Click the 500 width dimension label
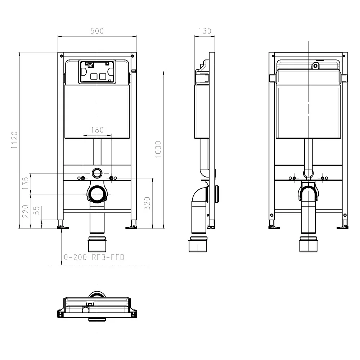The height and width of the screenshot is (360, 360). [x=97, y=31]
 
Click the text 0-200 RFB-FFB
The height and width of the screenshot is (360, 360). [x=94, y=257]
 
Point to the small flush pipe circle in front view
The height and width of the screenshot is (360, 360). [x=97, y=173]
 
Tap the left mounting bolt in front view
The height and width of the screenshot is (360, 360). [x=83, y=178]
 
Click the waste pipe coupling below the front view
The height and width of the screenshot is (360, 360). [x=97, y=244]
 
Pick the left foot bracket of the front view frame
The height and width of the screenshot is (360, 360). [x=62, y=227]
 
